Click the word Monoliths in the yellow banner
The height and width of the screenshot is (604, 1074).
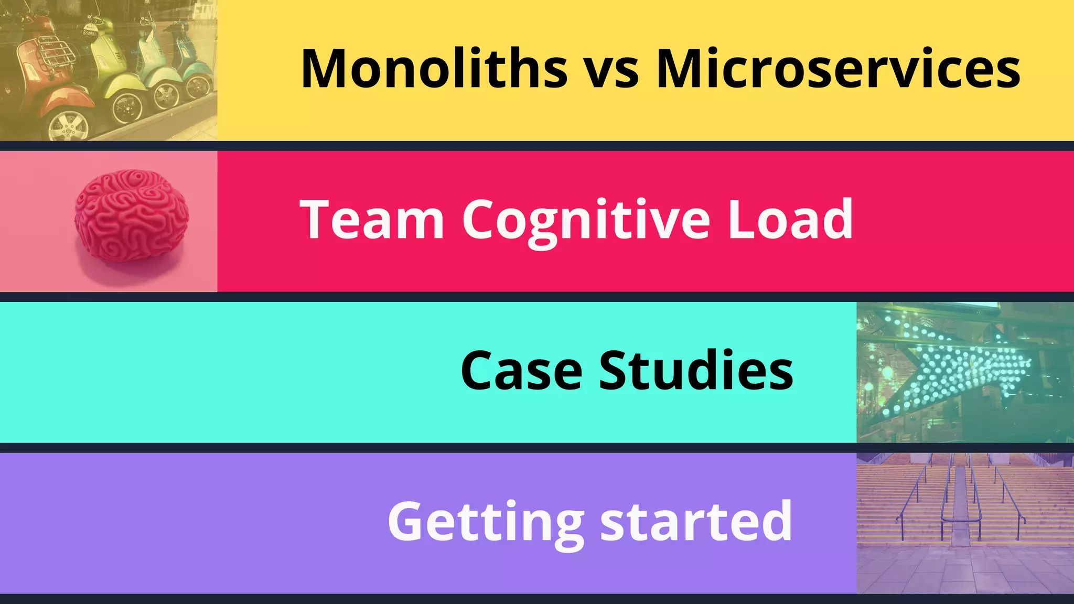point(434,69)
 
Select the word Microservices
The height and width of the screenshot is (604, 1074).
point(838,69)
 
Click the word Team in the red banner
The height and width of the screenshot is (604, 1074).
point(372,220)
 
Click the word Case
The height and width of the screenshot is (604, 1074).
point(521,370)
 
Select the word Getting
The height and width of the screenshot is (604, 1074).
point(486,522)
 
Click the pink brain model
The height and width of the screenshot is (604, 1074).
point(131,215)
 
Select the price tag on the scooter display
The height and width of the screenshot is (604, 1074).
point(90,33)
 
